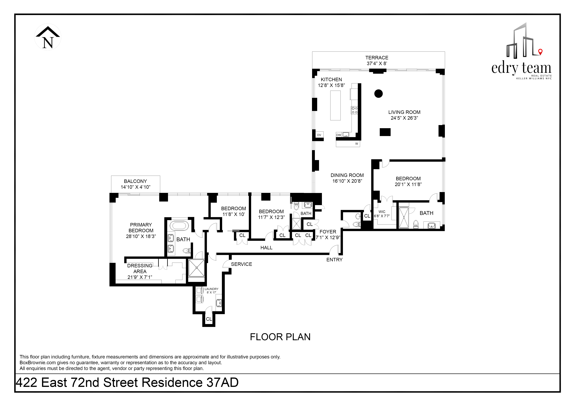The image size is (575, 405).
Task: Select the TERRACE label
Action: click(377, 58)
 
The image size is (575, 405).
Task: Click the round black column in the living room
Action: click(378, 94)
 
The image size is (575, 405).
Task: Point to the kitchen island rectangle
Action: click(335, 105)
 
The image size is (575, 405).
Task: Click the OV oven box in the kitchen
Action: click(319, 135)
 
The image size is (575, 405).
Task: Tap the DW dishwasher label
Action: click(339, 135)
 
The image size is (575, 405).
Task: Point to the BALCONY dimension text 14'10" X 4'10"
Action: click(135, 187)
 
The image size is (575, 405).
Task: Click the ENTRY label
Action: click(334, 260)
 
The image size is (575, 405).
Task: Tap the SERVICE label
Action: click(241, 264)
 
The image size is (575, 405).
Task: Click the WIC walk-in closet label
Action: click(382, 212)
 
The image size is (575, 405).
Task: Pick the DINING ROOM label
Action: click(347, 175)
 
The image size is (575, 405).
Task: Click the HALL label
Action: click(266, 248)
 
